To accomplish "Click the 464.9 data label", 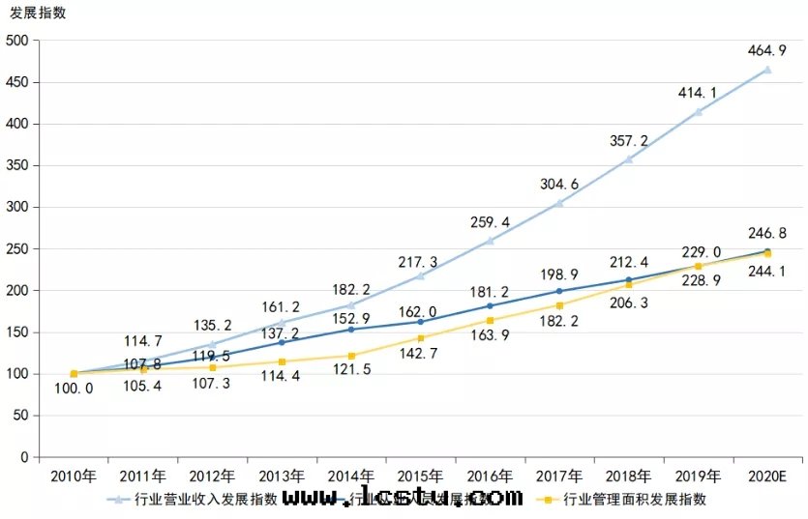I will [766, 49].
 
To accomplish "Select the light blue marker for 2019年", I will [698, 111].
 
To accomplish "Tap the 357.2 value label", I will [628, 140].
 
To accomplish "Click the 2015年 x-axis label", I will [420, 476].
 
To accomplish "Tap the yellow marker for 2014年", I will [351, 356].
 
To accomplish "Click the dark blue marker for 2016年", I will [490, 305].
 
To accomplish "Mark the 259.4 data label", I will [490, 222].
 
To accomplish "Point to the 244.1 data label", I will [766, 272].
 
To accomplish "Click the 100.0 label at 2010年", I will [74, 388].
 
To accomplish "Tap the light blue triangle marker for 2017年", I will [559, 203].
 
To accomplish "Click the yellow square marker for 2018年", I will [628, 284].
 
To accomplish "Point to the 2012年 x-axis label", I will [212, 476].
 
